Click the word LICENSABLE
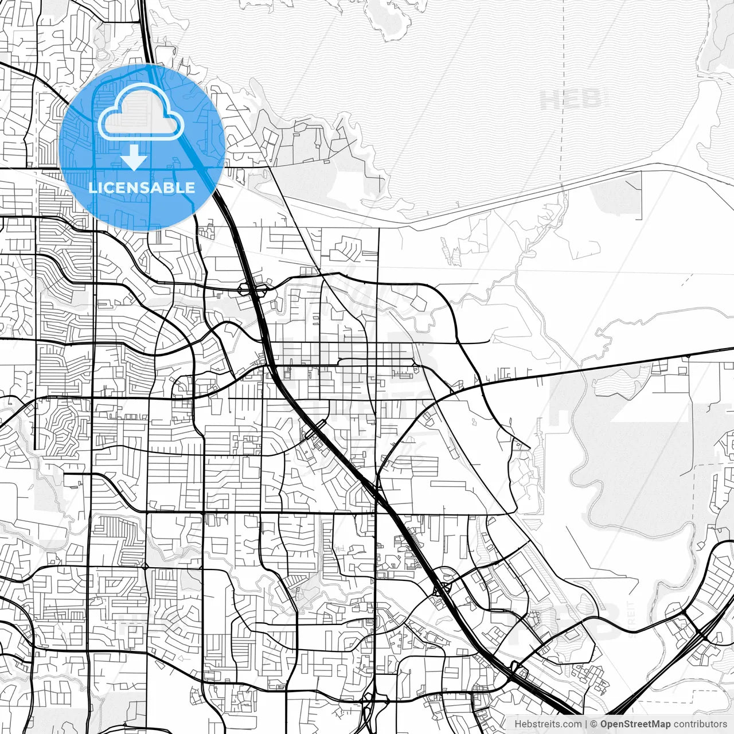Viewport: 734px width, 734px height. [x=142, y=188]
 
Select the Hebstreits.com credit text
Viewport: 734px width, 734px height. [x=547, y=724]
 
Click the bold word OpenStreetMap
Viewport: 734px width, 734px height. [x=635, y=724]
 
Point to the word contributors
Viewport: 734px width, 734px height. [x=700, y=724]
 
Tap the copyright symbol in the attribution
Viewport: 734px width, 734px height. [x=594, y=724]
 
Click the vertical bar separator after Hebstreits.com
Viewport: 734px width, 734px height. [x=585, y=724]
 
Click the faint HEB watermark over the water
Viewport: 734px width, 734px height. [x=571, y=99]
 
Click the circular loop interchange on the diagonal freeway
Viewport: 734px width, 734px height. [x=442, y=588]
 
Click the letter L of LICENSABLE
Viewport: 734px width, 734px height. [x=92, y=188]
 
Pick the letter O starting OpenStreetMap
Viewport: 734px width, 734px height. [x=604, y=724]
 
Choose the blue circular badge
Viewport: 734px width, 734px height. [x=142, y=147]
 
